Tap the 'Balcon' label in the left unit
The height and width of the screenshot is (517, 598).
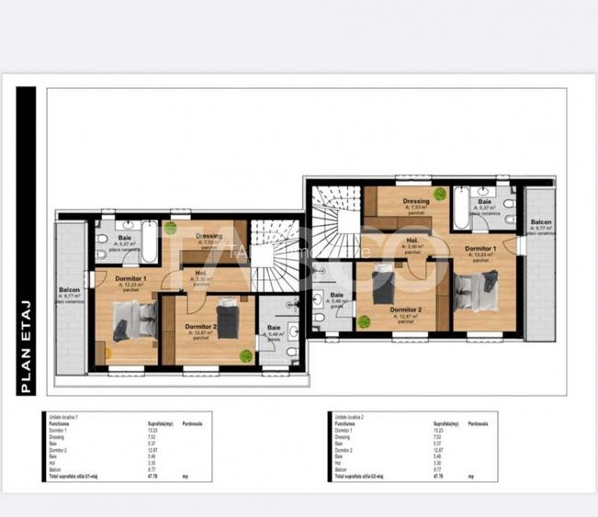pyautogui.click(x=70, y=291)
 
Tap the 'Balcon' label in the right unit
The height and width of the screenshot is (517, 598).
pyautogui.click(x=541, y=222)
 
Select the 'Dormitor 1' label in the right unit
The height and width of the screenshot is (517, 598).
pyautogui.click(x=480, y=249)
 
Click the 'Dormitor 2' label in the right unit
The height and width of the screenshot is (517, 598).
pyautogui.click(x=405, y=309)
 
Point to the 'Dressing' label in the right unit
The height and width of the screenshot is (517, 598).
pyautogui.click(x=416, y=201)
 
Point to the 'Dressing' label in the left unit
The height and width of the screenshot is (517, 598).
pyautogui.click(x=209, y=235)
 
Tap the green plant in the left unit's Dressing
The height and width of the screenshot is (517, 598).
pyautogui.click(x=170, y=227)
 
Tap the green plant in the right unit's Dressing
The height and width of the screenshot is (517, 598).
pyautogui.click(x=440, y=194)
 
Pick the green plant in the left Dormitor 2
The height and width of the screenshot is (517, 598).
pyautogui.click(x=245, y=355)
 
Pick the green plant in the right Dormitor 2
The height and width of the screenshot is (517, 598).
pyautogui.click(x=365, y=321)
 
